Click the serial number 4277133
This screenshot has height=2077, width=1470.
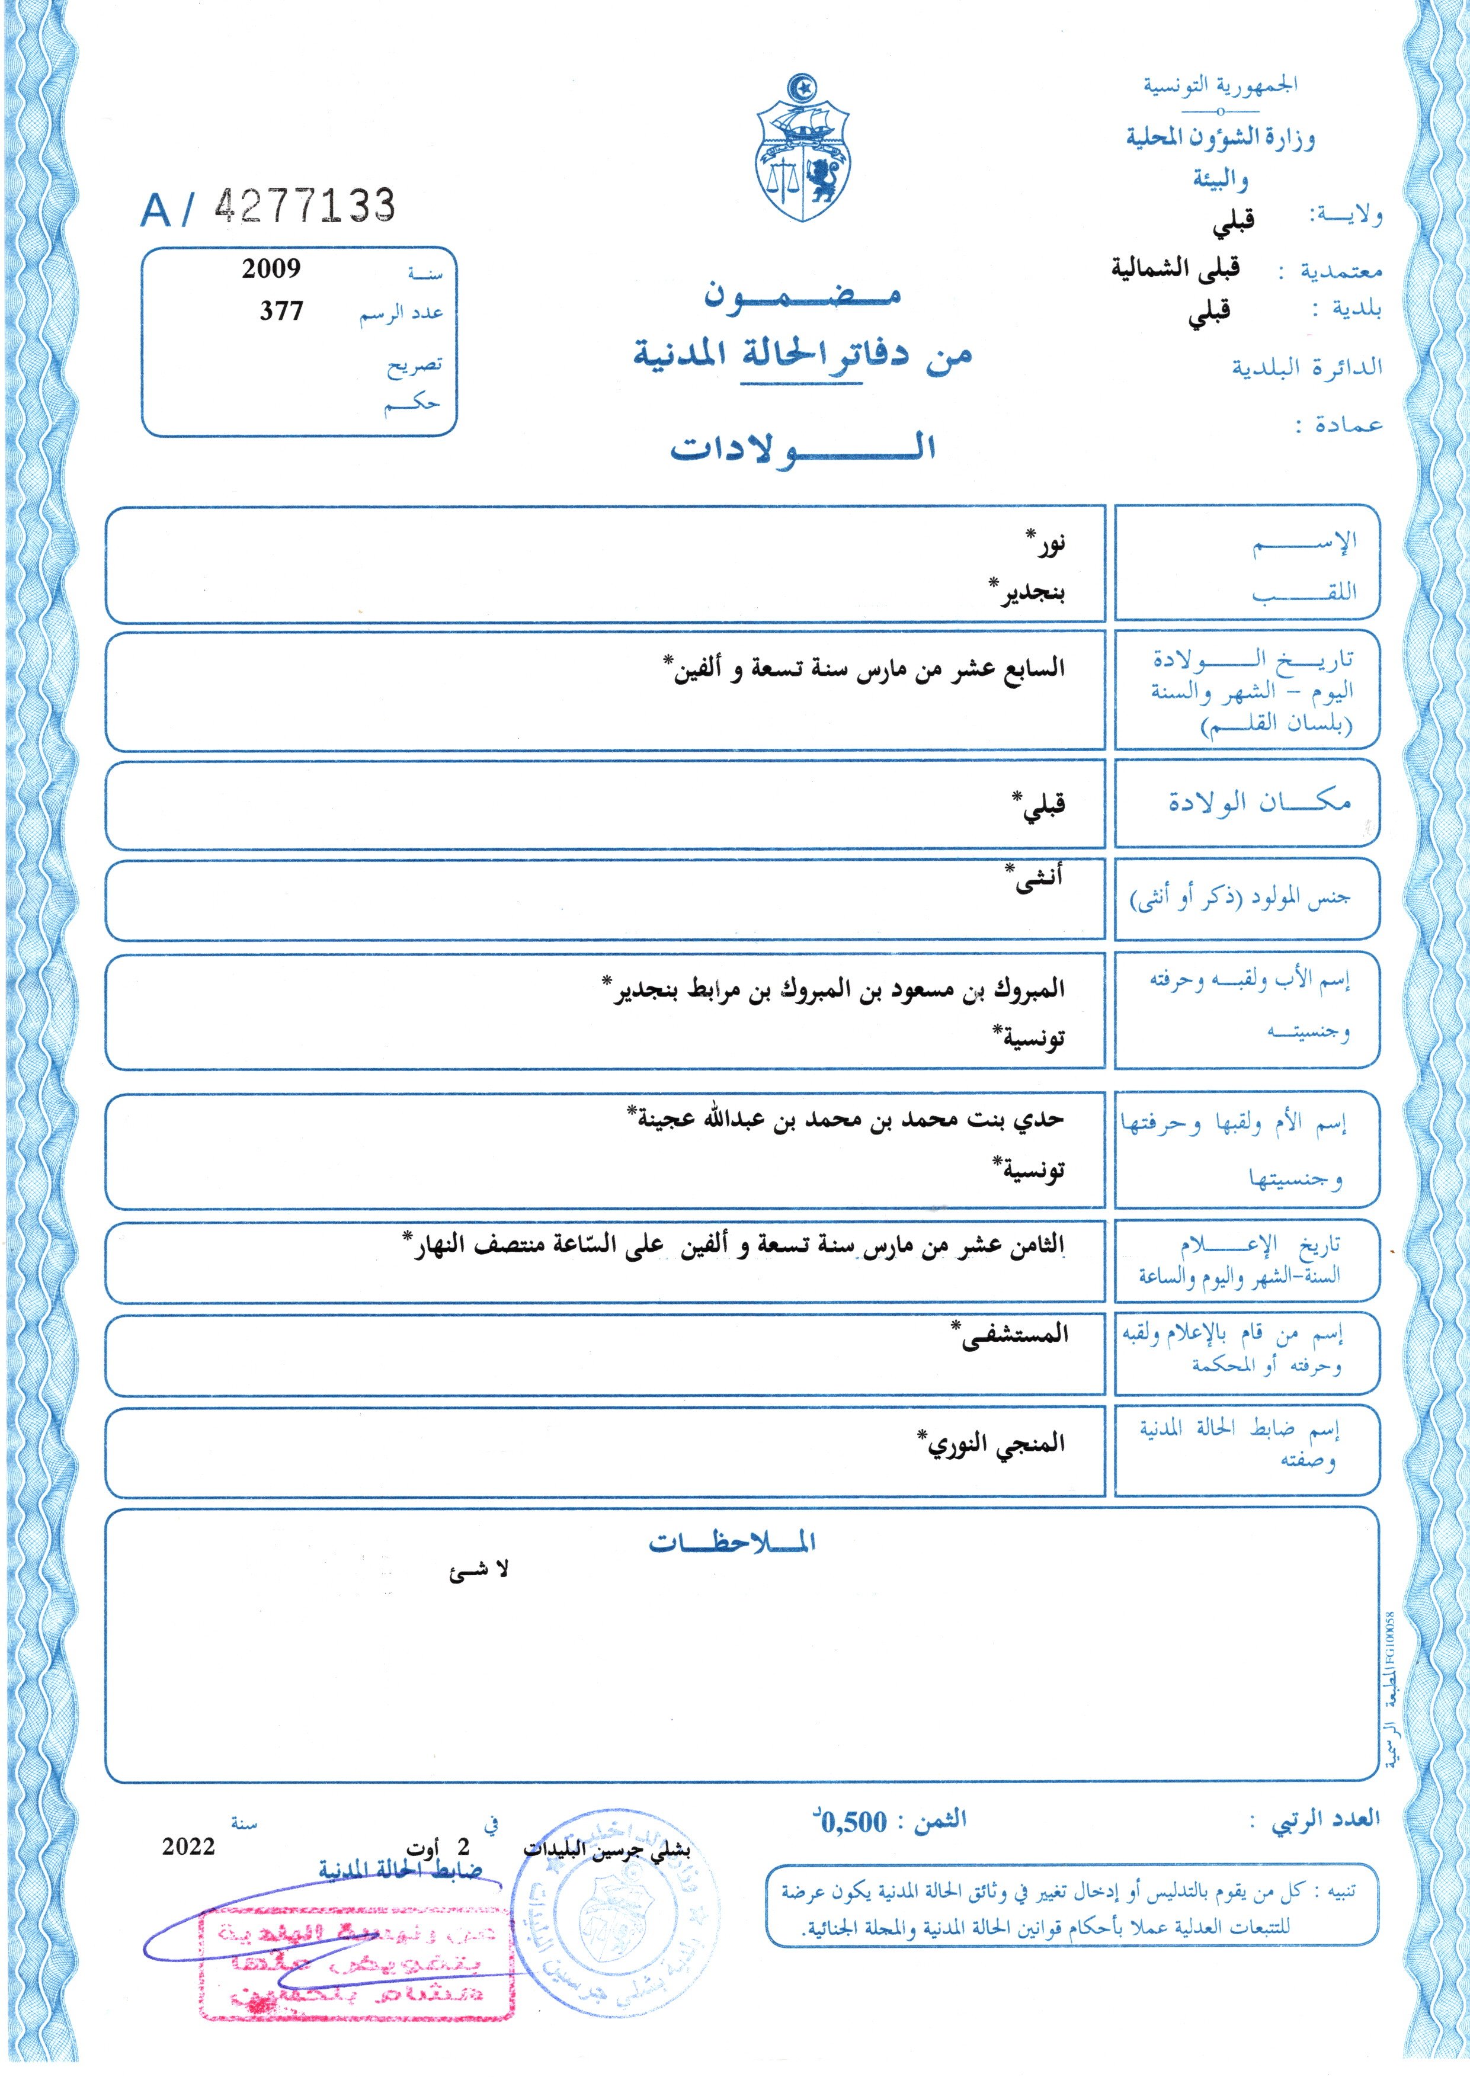click(305, 207)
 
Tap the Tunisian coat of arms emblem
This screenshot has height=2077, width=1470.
click(802, 150)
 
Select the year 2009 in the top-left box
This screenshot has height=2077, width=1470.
click(271, 269)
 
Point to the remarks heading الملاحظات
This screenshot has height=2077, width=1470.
click(732, 1544)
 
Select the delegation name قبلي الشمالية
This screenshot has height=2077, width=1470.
click(1176, 269)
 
